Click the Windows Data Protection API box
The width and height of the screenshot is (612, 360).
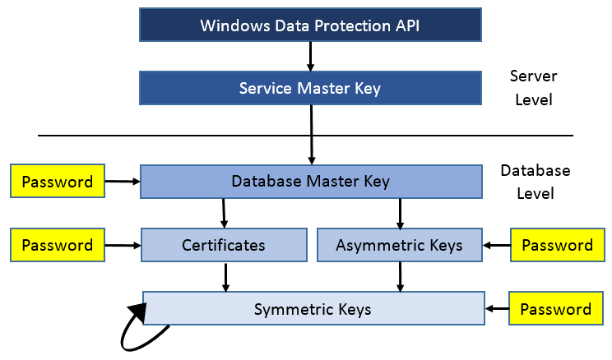coord(310,25)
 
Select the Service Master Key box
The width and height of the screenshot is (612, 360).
coord(310,88)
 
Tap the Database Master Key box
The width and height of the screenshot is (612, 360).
coord(310,181)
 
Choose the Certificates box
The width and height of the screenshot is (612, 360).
coord(223,245)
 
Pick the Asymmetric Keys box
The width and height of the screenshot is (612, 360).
coord(399,245)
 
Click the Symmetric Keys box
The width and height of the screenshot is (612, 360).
coord(313,309)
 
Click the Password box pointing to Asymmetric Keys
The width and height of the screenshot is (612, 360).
coord(558,245)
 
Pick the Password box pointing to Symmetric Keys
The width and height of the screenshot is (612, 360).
coord(556,309)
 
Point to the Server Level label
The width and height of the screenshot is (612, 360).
coord(533,88)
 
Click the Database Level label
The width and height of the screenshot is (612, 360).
coord(535,182)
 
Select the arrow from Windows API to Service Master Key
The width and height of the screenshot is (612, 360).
coord(310,56)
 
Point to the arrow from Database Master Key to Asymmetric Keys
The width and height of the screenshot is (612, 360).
coord(400,213)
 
